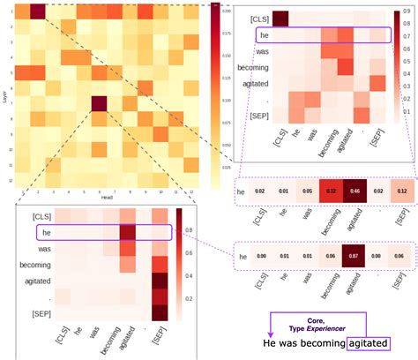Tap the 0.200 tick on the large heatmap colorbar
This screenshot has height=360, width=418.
[226, 11]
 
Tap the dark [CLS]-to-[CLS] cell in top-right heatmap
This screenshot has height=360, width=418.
[280, 19]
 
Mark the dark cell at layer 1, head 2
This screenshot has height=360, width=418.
[37, 11]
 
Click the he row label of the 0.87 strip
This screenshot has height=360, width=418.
[242, 258]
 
